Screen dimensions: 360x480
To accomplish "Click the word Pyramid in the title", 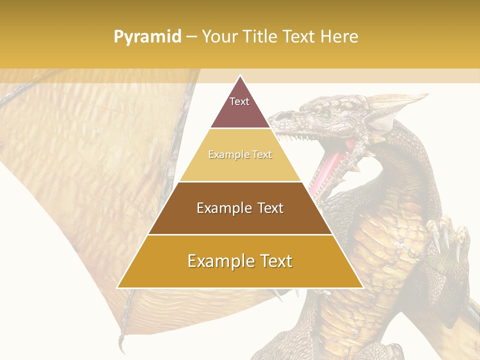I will tap(147, 37).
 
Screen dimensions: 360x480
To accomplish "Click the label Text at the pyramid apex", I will tap(239, 101).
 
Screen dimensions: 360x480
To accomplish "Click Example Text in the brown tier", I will tap(240, 208).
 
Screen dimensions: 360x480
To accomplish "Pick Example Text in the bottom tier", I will tap(240, 261).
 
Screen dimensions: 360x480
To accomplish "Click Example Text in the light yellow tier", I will tap(240, 154).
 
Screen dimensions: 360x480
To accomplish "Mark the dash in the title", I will tap(191, 37).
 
